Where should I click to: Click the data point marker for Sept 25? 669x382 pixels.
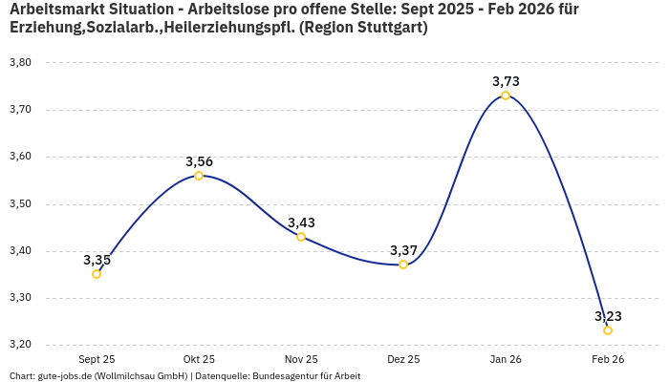(x=97, y=274)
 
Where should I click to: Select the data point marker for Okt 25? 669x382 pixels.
(x=199, y=176)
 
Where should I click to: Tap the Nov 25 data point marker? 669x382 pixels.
(x=301, y=237)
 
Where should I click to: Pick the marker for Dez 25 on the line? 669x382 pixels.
(x=403, y=265)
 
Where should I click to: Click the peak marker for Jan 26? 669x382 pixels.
(x=506, y=95)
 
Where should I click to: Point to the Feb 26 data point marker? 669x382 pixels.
(x=608, y=330)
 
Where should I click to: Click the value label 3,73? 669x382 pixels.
(x=506, y=81)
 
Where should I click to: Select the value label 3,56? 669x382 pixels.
(x=199, y=161)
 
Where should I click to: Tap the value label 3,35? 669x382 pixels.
(x=97, y=260)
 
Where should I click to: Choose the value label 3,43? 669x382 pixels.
(x=301, y=223)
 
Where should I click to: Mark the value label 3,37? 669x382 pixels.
(x=403, y=250)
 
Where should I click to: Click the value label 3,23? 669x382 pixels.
(x=608, y=316)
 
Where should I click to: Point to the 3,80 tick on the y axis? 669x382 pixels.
(x=20, y=63)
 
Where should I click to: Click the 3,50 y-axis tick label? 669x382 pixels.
(x=20, y=204)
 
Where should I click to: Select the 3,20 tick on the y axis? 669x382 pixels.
(x=20, y=345)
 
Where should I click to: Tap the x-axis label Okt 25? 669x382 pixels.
(x=199, y=359)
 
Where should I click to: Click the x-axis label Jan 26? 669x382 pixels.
(x=506, y=359)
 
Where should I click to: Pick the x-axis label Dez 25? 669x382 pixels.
(x=403, y=359)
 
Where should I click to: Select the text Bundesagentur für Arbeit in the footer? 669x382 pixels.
(x=306, y=376)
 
